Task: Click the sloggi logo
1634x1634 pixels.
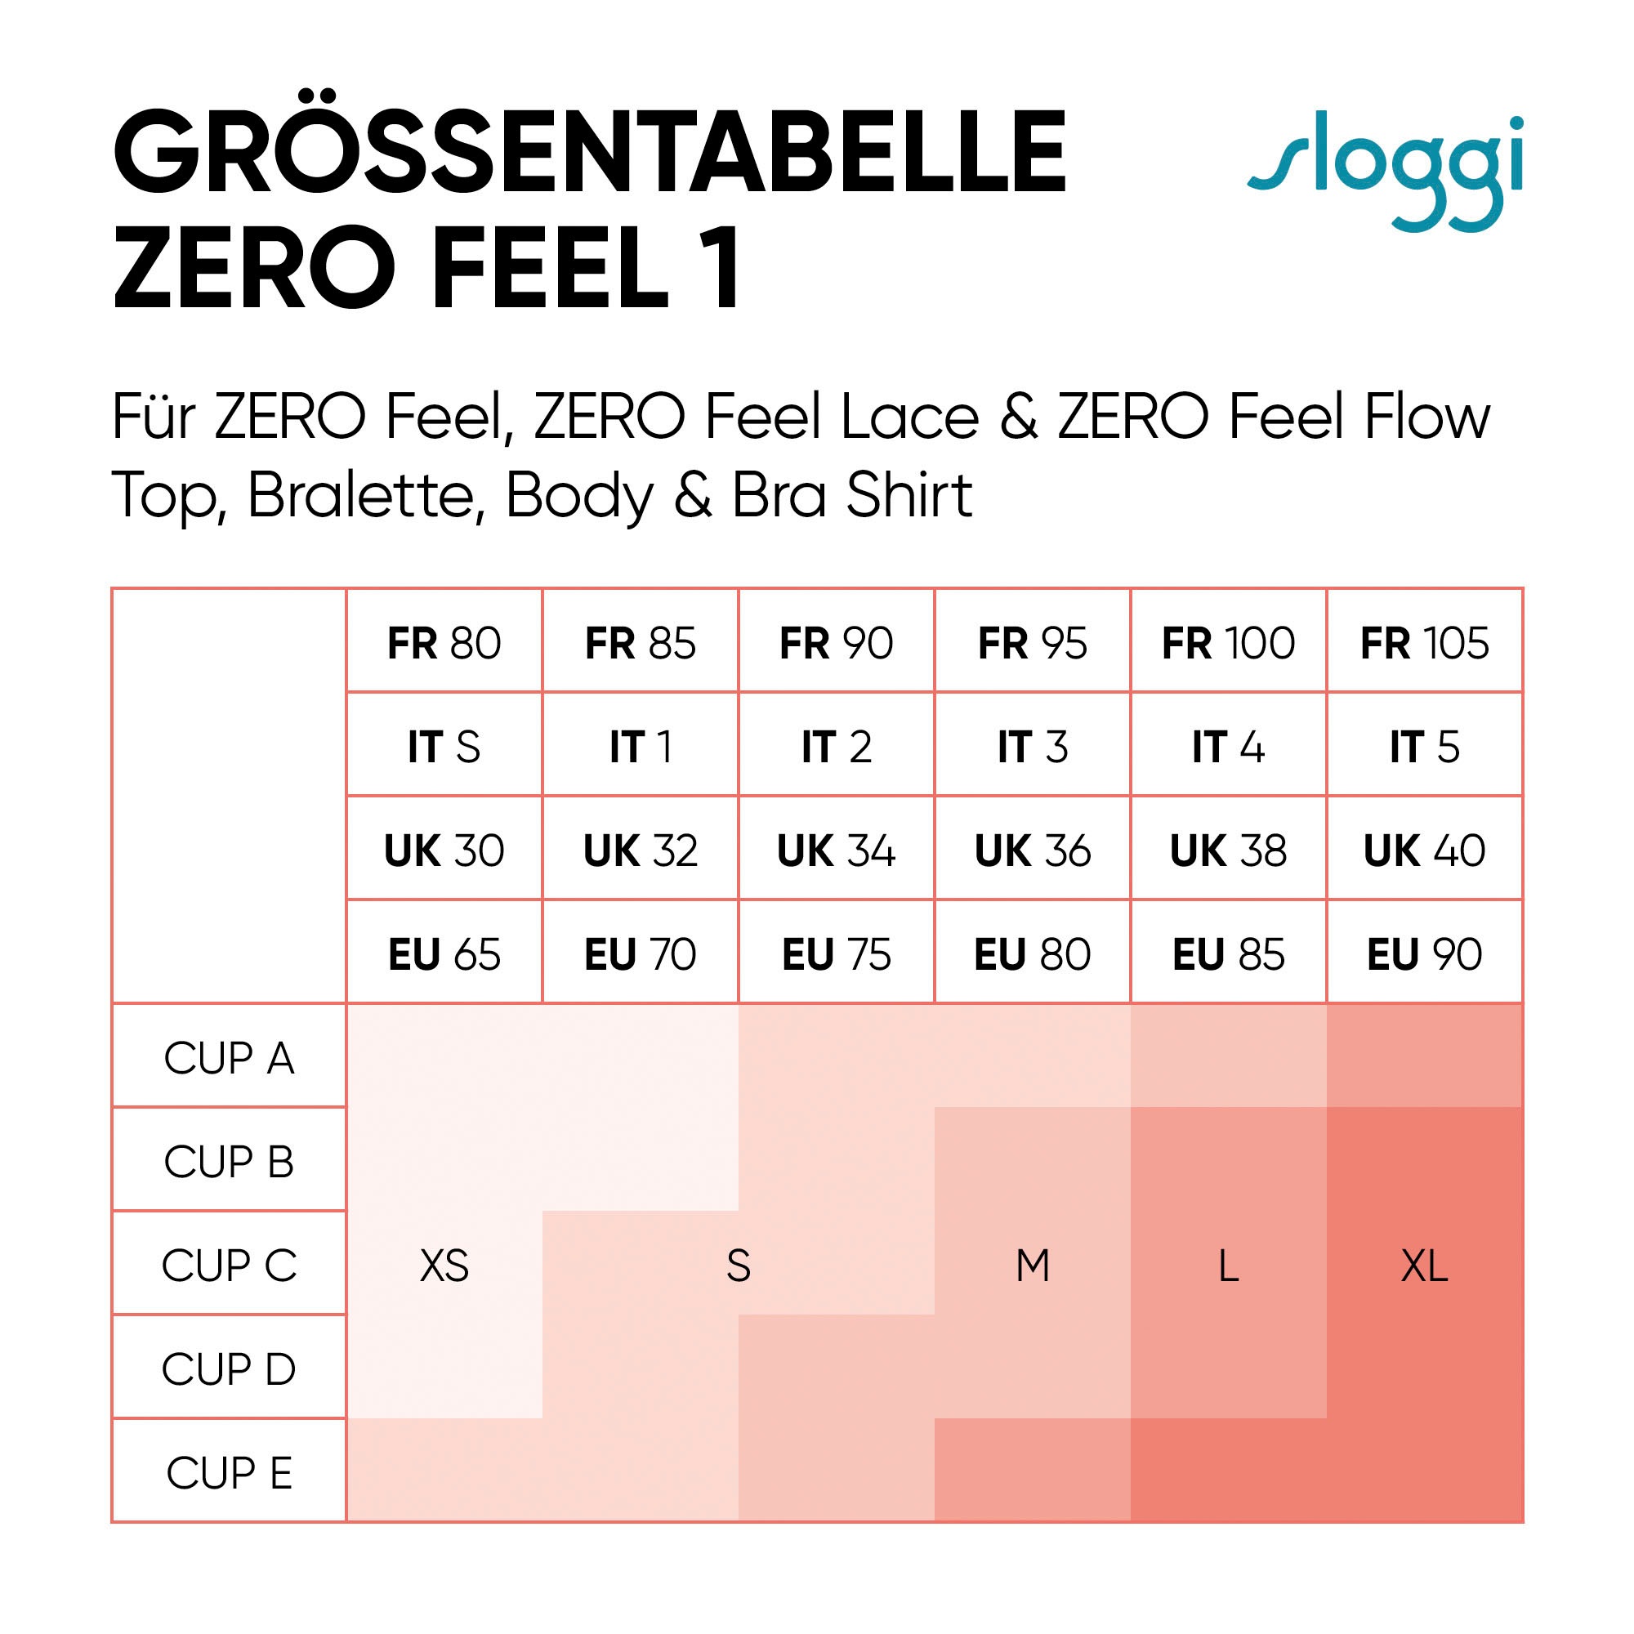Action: pyautogui.click(x=1386, y=173)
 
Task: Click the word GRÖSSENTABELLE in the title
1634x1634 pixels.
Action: pyautogui.click(x=590, y=153)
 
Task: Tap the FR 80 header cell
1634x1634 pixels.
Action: pyautogui.click(x=444, y=643)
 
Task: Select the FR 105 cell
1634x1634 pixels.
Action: pyautogui.click(x=1424, y=643)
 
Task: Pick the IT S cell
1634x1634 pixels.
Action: pyautogui.click(x=444, y=747)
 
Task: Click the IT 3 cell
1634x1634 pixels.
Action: pyautogui.click(x=1032, y=747)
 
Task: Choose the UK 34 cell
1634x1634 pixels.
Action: pyautogui.click(x=836, y=850)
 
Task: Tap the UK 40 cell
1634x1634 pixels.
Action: pyautogui.click(x=1424, y=850)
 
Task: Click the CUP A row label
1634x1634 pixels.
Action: pyautogui.click(x=230, y=1058)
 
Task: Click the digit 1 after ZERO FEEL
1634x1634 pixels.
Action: pyautogui.click(x=724, y=269)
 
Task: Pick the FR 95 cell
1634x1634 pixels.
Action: pyautogui.click(x=1032, y=643)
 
